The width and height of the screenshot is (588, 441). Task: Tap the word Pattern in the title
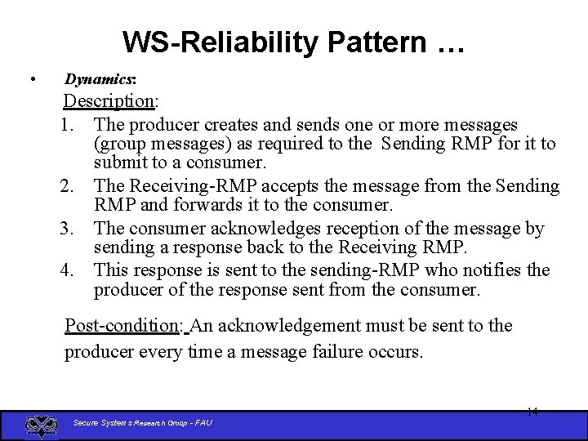371,42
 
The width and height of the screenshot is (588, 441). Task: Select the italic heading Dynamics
100,79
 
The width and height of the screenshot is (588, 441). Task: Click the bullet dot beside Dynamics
31,79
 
